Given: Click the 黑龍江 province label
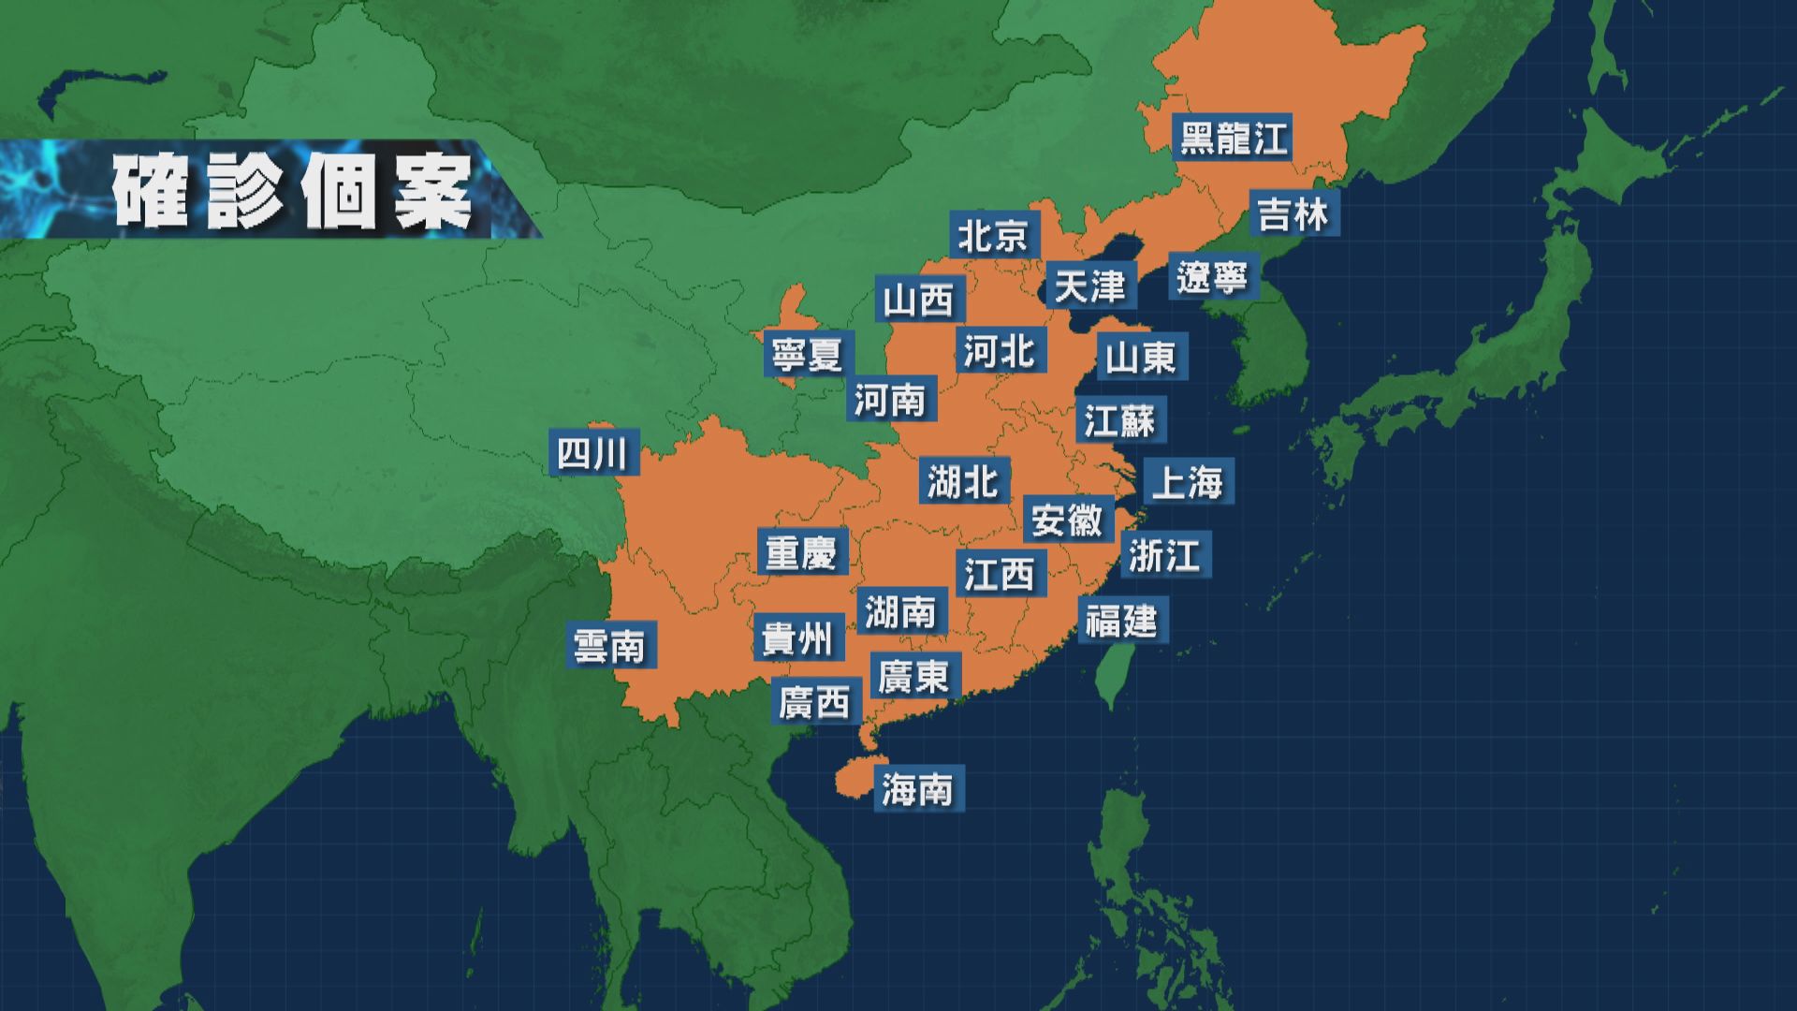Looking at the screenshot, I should coord(1233,138).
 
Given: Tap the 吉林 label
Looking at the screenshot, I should coord(1293,214).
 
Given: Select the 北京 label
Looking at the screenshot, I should coord(993,235).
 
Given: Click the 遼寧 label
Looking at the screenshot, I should coord(1213,276).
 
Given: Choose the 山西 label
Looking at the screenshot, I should coord(919,300).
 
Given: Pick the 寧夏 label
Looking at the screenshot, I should coord(807,355).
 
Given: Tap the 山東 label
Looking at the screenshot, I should coord(1141,357).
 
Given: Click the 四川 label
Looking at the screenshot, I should coord(593,454).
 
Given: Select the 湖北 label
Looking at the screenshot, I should coord(963,482).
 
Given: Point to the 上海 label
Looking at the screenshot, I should coord(1188,482).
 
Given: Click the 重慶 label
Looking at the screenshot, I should coord(801,552).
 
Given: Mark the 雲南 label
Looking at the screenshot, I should coord(610,646).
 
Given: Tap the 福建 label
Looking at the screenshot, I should coord(1121,621).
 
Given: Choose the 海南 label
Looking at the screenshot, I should coord(918,789).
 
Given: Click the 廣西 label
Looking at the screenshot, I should coord(815,701).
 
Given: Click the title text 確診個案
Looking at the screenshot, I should coord(293,193).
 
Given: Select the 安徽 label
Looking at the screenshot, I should coord(1067,520).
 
